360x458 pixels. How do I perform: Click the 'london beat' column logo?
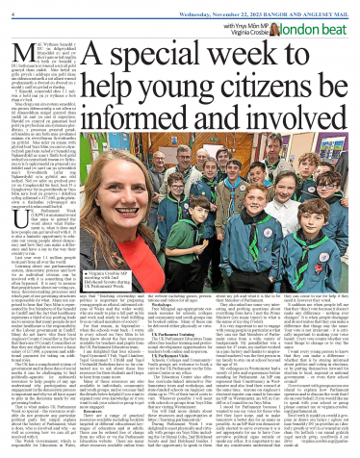323,23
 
